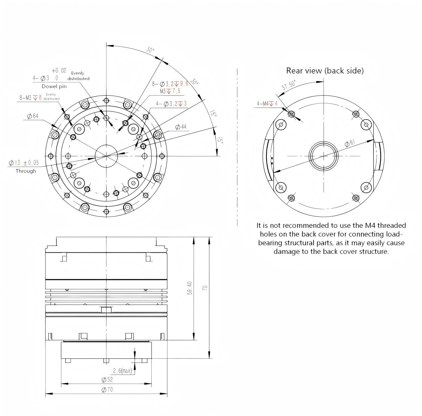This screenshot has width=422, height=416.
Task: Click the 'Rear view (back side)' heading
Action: click(325, 71)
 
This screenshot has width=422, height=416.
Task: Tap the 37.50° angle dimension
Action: click(289, 85)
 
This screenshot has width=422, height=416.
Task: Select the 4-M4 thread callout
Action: click(267, 103)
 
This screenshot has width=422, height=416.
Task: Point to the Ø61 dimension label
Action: click(350, 143)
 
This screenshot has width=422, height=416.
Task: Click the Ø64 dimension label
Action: click(33, 116)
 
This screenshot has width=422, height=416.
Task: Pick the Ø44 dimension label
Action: click(181, 127)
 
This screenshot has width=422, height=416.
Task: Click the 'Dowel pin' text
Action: click(54, 87)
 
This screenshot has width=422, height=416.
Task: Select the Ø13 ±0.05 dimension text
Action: click(24, 163)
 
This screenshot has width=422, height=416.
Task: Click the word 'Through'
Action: click(26, 171)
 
